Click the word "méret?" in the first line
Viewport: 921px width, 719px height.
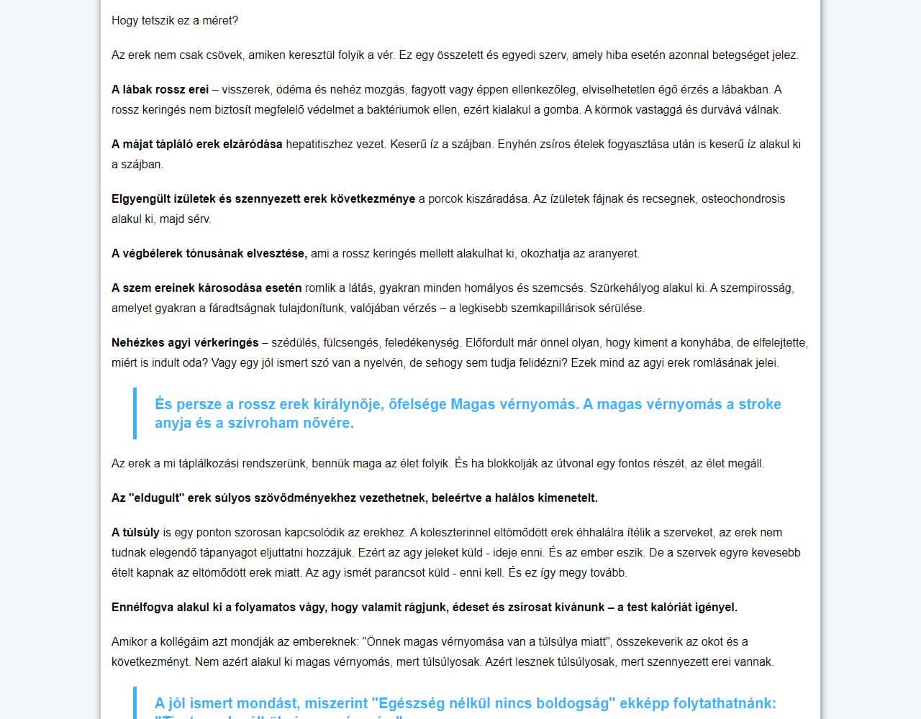click(219, 20)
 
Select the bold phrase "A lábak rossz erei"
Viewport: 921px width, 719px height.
click(160, 89)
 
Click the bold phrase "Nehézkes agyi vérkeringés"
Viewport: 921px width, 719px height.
click(185, 342)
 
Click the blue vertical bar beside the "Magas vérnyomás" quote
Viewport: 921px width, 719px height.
click(135, 413)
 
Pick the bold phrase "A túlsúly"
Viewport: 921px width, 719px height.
click(135, 532)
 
